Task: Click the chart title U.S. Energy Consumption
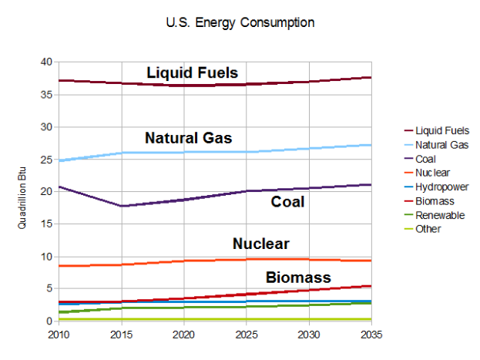(x=240, y=22)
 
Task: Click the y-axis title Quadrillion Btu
(x=23, y=191)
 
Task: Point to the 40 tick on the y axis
(x=48, y=62)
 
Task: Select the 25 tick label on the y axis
(x=48, y=160)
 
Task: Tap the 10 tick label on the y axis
(x=48, y=257)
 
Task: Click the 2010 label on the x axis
(x=58, y=335)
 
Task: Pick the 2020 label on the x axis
(x=183, y=335)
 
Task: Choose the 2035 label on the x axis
(x=371, y=335)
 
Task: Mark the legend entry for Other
(x=428, y=229)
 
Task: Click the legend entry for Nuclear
(x=432, y=173)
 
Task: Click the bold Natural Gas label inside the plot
(x=188, y=139)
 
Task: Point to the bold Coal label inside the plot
(x=287, y=202)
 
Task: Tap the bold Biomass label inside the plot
(x=298, y=278)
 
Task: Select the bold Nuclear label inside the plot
(x=260, y=244)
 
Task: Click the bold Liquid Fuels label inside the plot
(x=192, y=73)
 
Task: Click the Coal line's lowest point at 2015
(x=121, y=206)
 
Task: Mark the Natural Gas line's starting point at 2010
(x=59, y=160)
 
